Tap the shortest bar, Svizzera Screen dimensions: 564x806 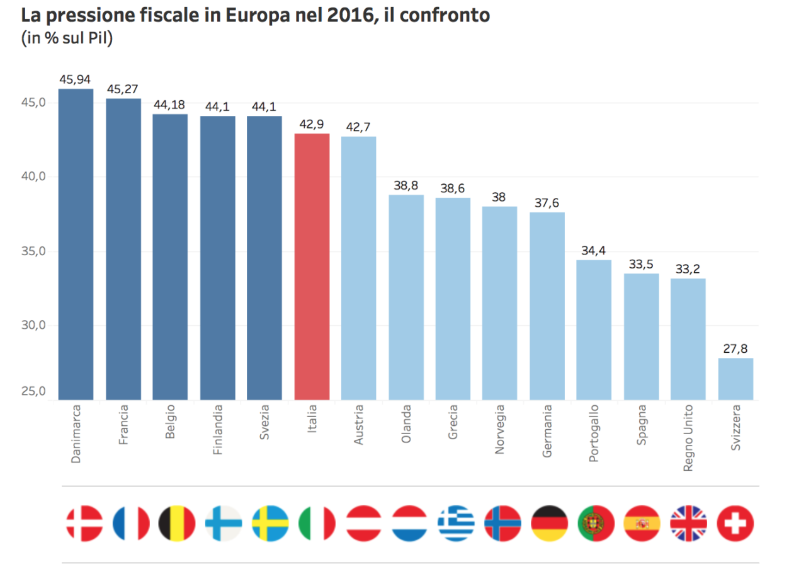(x=735, y=379)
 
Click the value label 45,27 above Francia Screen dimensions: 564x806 (x=123, y=89)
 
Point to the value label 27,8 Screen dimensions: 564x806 (x=735, y=348)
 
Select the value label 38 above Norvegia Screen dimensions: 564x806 (x=499, y=197)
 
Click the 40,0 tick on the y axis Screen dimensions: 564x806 (x=35, y=176)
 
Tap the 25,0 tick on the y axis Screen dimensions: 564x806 (x=35, y=392)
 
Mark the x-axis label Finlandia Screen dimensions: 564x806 (x=217, y=434)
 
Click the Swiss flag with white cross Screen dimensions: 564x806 (x=735, y=524)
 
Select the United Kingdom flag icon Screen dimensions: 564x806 (x=688, y=524)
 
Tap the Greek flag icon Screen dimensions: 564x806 (x=456, y=524)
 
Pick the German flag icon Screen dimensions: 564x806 (x=550, y=524)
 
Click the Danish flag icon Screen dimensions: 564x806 (x=84, y=524)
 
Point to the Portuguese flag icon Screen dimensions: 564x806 (x=596, y=524)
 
